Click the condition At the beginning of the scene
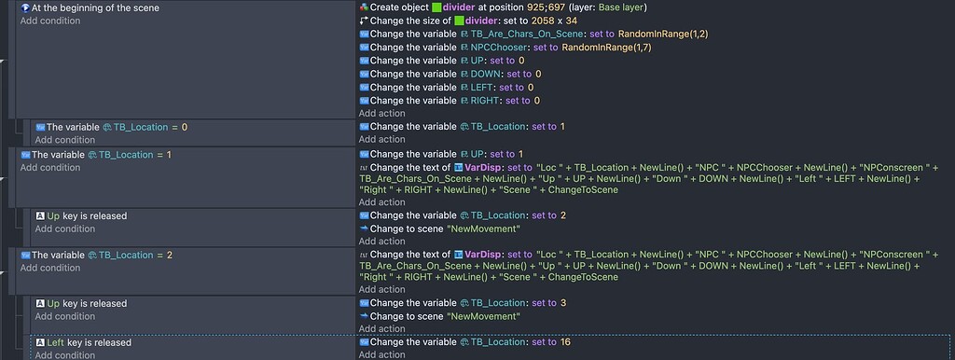(x=94, y=7)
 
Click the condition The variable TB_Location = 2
(x=102, y=254)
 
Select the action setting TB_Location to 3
(x=467, y=303)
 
